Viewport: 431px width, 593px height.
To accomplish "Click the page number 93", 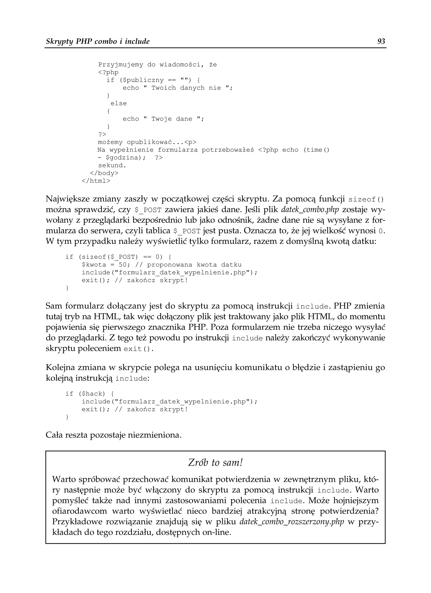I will (x=381, y=41).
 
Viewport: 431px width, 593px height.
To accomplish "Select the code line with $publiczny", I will (x=153, y=80).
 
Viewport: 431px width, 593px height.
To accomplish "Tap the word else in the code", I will (x=118, y=103).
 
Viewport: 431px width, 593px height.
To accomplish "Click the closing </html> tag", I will (x=96, y=181).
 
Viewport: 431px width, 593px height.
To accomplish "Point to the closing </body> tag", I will (x=104, y=173).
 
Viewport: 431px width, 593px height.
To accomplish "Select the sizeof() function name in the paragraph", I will (x=366, y=199).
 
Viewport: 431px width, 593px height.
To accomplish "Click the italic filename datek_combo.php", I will (x=310, y=210).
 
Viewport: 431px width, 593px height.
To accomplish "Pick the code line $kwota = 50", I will (x=162, y=265).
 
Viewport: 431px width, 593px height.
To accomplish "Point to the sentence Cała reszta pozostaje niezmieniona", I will (x=113, y=435).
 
